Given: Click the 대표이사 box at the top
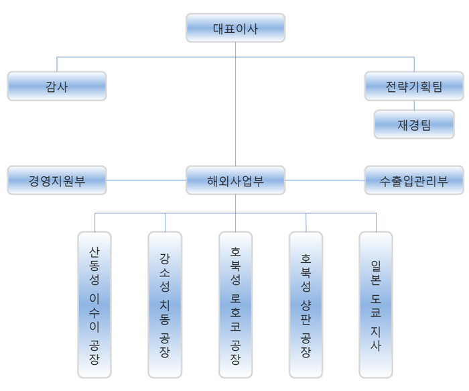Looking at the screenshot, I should point(235,28).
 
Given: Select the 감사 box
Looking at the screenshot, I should point(57,87).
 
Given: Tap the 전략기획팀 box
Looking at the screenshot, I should point(414,87).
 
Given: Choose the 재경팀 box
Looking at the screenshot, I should point(414,124).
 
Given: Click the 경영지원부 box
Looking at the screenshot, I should point(57,180).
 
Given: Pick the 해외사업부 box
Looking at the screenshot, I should point(235,180).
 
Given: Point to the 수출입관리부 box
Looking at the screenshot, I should point(414,180).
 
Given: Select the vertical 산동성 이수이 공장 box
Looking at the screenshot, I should point(94,304).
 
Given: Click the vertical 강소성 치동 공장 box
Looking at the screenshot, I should point(165,304).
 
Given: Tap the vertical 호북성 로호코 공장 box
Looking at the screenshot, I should point(235,304).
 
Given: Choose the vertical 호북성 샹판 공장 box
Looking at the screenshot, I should point(306,304).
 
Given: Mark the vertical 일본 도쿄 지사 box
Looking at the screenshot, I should point(376,304).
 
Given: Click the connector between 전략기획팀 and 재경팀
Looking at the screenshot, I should point(414,105).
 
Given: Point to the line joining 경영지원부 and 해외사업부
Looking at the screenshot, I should point(146,180).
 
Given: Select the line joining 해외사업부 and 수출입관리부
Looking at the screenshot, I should point(325,180).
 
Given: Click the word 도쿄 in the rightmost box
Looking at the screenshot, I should point(376,305).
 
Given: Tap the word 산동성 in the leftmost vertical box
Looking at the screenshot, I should point(94,265).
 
